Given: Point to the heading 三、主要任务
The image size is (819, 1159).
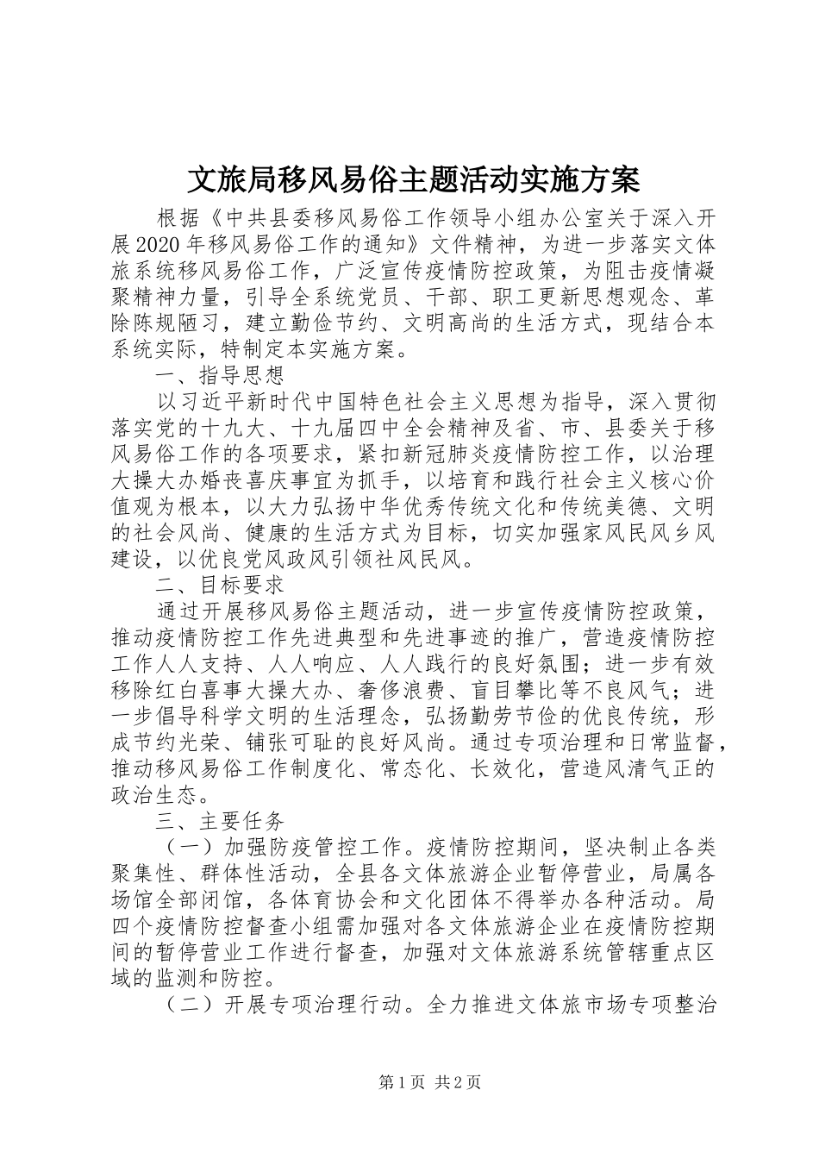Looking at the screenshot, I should click(220, 819).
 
